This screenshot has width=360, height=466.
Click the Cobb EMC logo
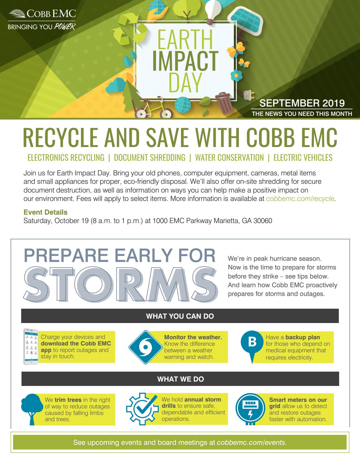point(42,20)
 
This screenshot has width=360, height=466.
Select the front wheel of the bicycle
point(166,113)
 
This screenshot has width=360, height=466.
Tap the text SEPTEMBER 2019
point(302,103)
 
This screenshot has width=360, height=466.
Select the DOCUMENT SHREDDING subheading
point(150,158)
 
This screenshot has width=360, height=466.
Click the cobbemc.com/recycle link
point(300,199)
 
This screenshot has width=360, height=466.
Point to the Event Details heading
point(45,212)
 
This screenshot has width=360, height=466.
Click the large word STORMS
point(121,285)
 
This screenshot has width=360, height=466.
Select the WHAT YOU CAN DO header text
point(180,316)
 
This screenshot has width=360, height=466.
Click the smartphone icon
point(31,346)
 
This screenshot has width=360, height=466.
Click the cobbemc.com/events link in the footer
point(252,442)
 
